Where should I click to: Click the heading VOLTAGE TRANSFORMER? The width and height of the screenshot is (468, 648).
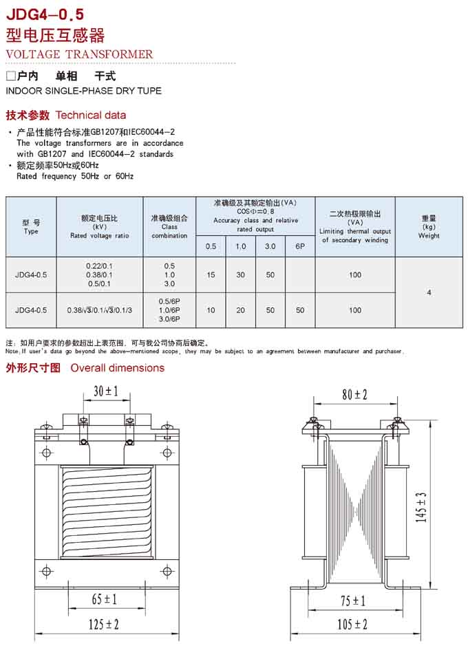79,54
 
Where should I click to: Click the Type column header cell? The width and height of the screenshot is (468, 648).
31,226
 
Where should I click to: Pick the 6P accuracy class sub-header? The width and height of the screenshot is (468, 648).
300,246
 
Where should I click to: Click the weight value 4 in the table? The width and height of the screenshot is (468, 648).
429,292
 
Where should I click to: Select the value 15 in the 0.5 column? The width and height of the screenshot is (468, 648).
211,275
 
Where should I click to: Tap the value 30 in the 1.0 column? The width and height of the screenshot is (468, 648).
240,275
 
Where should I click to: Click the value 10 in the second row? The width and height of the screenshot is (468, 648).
211,310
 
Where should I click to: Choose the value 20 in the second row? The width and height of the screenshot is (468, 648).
240,310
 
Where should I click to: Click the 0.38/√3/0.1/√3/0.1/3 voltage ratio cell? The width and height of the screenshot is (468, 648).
100,310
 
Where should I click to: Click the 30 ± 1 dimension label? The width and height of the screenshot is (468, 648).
105,391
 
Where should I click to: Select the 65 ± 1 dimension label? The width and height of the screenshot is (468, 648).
104,600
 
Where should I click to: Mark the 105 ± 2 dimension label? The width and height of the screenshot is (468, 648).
352,625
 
